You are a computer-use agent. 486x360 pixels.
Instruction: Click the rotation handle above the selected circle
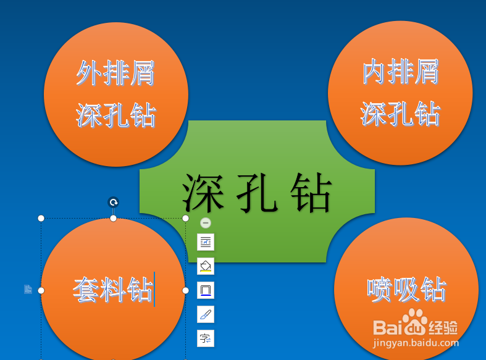pyautogui.click(x=114, y=203)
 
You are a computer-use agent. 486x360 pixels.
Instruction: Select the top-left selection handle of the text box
pyautogui.click(x=41, y=219)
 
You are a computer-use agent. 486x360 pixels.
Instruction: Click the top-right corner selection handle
pyautogui.click(x=185, y=219)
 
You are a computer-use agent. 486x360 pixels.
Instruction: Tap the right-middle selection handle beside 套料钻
pyautogui.click(x=185, y=290)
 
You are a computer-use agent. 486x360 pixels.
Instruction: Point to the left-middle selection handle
pyautogui.click(x=41, y=290)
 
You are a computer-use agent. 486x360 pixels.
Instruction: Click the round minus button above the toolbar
pyautogui.click(x=206, y=223)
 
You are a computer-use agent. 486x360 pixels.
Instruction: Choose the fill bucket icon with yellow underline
pyautogui.click(x=206, y=266)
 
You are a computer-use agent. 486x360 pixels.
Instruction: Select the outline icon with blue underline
pyautogui.click(x=206, y=290)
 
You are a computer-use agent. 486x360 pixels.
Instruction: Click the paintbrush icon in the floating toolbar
pyautogui.click(x=206, y=314)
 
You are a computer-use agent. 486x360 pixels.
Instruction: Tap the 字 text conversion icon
pyautogui.click(x=206, y=338)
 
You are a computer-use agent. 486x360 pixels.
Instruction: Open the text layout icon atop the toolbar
pyautogui.click(x=206, y=242)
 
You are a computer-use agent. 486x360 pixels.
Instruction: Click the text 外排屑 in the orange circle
pyautogui.click(x=115, y=73)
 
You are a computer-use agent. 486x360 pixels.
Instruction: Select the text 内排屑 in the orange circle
pyautogui.click(x=400, y=72)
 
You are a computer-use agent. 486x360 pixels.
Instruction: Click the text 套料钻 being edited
pyautogui.click(x=113, y=290)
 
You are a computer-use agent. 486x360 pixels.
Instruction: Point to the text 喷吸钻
pyautogui.click(x=406, y=290)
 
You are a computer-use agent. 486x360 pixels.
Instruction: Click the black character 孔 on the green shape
pyautogui.click(x=257, y=193)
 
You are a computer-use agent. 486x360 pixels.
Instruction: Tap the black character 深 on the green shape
pyautogui.click(x=203, y=193)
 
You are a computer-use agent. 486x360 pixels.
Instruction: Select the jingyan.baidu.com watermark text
pyautogui.click(x=416, y=343)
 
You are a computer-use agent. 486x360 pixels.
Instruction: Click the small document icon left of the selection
pyautogui.click(x=28, y=290)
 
